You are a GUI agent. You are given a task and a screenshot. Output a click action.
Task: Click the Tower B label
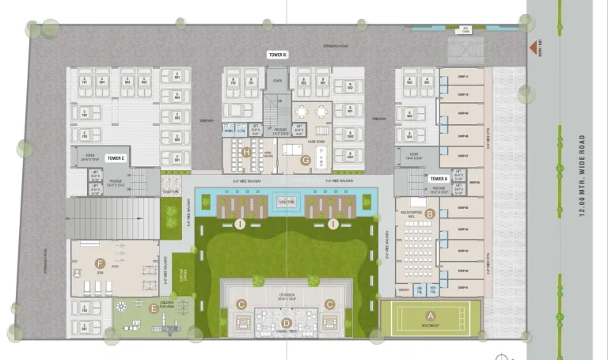click(277, 55)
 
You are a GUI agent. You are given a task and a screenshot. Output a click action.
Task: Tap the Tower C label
click(116, 158)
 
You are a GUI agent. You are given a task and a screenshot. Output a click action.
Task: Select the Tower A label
click(439, 180)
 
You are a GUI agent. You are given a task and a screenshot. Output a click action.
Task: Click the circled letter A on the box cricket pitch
click(430, 316)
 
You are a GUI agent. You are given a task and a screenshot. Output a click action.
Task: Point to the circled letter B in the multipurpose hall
click(430, 214)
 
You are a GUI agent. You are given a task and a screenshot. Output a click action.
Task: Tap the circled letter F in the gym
click(99, 263)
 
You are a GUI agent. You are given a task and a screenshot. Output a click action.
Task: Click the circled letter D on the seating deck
click(286, 322)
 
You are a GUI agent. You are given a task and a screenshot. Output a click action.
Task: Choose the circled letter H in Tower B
click(247, 152)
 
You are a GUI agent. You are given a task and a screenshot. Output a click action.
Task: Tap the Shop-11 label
click(464, 77)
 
